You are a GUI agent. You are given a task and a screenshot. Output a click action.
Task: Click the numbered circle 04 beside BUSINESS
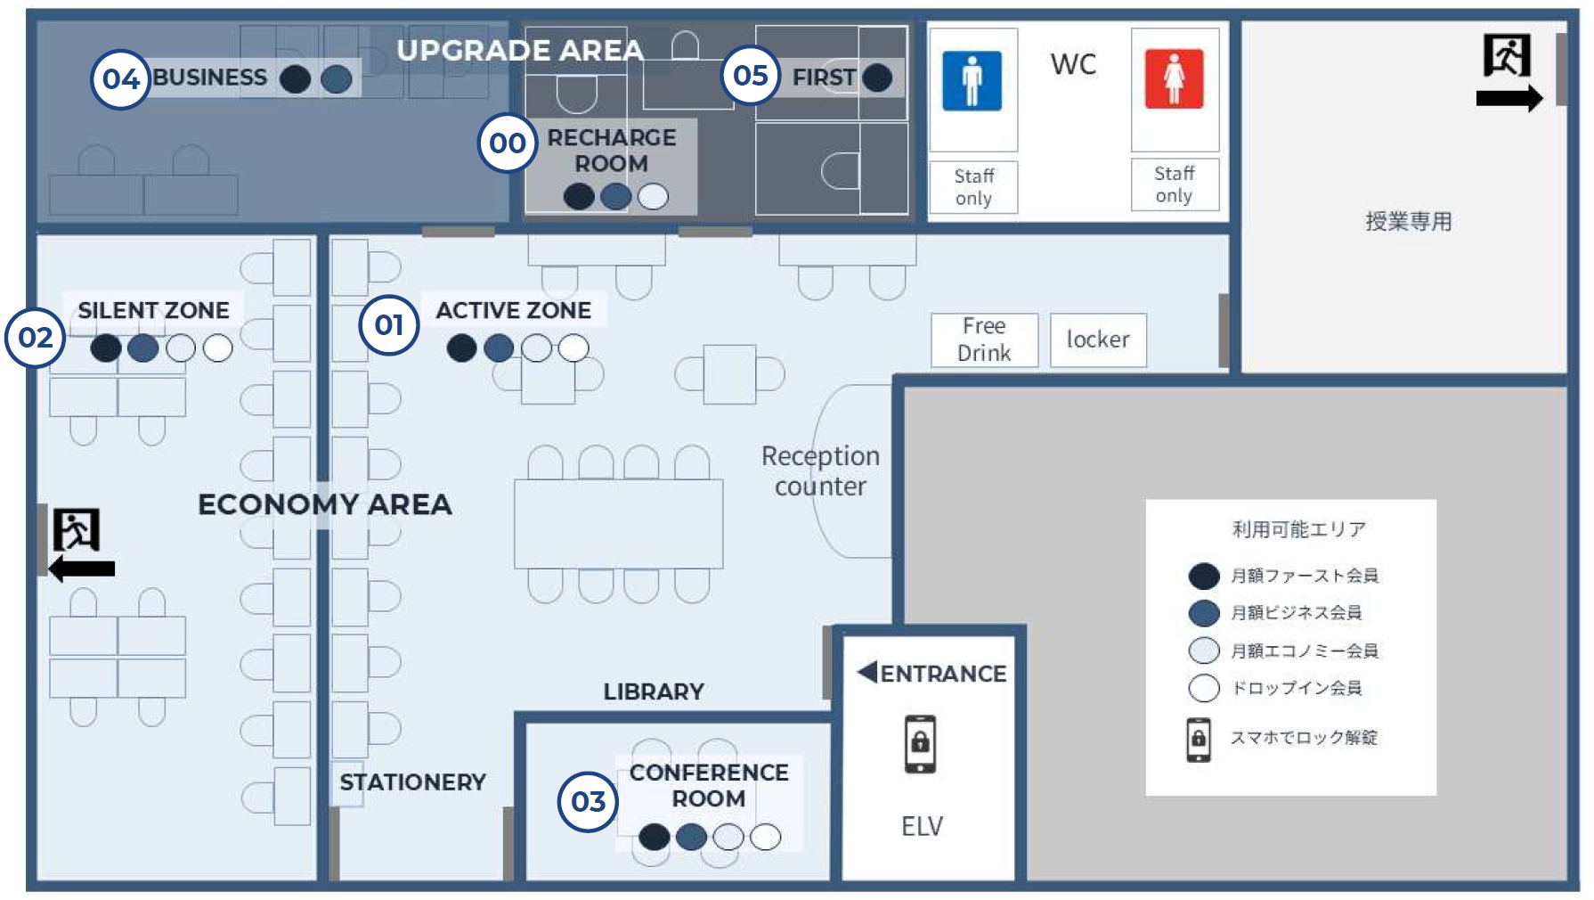[x=120, y=79]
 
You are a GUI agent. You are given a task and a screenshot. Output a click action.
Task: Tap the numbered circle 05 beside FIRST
[x=751, y=76]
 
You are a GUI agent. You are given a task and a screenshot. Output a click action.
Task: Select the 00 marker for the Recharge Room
[x=508, y=143]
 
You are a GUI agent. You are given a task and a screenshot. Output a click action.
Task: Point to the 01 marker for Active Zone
[x=389, y=325]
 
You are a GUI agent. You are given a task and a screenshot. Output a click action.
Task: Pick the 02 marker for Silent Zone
[x=36, y=338]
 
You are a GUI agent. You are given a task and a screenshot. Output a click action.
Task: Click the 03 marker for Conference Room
[x=588, y=802]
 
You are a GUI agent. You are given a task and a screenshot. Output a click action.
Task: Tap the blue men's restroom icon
[x=972, y=80]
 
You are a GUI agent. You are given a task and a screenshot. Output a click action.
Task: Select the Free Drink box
[x=984, y=340]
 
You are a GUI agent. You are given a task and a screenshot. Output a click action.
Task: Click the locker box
[x=1098, y=340]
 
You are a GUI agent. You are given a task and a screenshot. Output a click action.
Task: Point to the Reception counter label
[x=820, y=470]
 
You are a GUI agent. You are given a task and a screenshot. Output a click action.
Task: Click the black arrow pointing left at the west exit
[x=82, y=569]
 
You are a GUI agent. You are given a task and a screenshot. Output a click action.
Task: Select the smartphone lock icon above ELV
[x=920, y=743]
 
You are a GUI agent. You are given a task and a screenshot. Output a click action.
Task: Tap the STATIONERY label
[x=412, y=782]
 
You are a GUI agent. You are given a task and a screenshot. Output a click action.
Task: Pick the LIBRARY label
[x=654, y=691]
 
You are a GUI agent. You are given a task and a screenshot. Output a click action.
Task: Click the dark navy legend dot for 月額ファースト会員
[x=1204, y=576]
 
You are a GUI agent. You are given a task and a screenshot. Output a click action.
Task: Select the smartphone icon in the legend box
[x=1199, y=740]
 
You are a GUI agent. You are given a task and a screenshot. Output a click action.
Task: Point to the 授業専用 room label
[x=1409, y=221]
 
